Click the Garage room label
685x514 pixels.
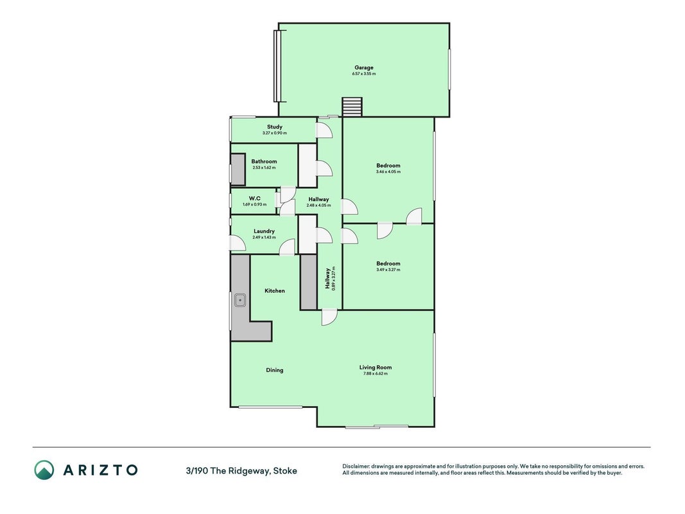pyautogui.click(x=364, y=67)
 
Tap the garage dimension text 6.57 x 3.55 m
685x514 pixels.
pyautogui.click(x=364, y=74)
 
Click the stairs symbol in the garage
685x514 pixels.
pyautogui.click(x=352, y=107)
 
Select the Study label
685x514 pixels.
pyautogui.click(x=275, y=127)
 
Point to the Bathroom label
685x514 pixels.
pyautogui.click(x=264, y=161)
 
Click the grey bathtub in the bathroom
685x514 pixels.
pyautogui.click(x=238, y=170)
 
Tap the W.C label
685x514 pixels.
pyautogui.click(x=255, y=199)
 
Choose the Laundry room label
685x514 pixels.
pyautogui.click(x=264, y=231)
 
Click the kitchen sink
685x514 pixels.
pyautogui.click(x=240, y=300)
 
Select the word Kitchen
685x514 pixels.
pyautogui.click(x=275, y=290)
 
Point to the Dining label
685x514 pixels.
pyautogui.click(x=275, y=370)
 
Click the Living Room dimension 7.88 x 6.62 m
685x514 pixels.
pyautogui.click(x=376, y=374)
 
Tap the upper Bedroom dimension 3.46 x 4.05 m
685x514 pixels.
pyautogui.click(x=388, y=172)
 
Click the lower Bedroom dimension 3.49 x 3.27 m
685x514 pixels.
pyautogui.click(x=388, y=270)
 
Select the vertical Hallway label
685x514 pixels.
pyautogui.click(x=327, y=278)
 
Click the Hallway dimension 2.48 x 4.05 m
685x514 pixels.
pyautogui.click(x=318, y=206)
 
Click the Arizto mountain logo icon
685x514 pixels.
pyautogui.click(x=44, y=470)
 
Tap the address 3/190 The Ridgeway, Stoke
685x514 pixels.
pyautogui.click(x=241, y=471)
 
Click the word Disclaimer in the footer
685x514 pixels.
pyautogui.click(x=356, y=466)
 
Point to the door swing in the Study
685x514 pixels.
pyautogui.click(x=324, y=130)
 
